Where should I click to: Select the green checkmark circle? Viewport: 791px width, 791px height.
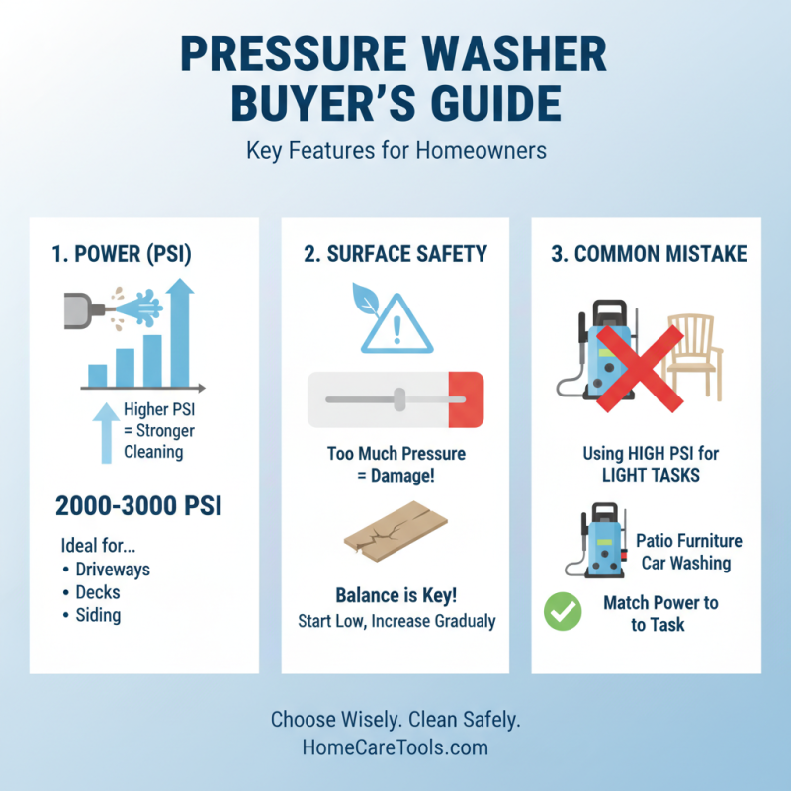tap(564, 612)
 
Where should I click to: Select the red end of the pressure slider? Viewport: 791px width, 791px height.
tap(465, 399)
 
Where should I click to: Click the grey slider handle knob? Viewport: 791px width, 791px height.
tap(399, 399)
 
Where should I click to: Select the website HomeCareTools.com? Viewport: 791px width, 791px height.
tap(395, 747)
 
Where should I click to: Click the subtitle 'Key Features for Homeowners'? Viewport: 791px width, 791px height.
tap(395, 152)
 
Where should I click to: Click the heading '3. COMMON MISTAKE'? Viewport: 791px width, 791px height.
tap(649, 254)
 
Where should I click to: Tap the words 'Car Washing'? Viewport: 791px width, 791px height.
tap(684, 563)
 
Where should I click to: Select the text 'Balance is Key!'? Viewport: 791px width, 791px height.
tap(395, 596)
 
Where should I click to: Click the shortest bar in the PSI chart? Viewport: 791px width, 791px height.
tap(98, 375)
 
